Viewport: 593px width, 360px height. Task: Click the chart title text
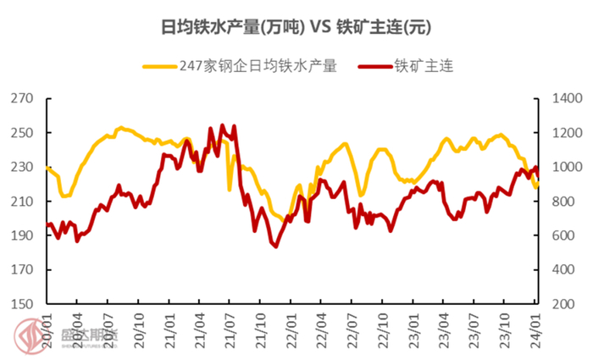pyautogui.click(x=296, y=27)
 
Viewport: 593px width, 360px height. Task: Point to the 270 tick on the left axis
pyautogui.click(x=24, y=99)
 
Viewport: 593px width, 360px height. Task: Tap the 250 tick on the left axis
pyautogui.click(x=24, y=133)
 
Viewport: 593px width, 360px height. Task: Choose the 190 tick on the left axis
pyautogui.click(x=24, y=235)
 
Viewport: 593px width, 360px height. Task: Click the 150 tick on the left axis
pyautogui.click(x=24, y=304)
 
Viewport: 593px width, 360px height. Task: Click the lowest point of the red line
pyautogui.click(x=274, y=246)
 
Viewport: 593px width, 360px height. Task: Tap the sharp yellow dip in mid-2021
pyautogui.click(x=230, y=189)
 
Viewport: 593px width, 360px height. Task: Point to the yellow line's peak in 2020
pyautogui.click(x=120, y=128)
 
